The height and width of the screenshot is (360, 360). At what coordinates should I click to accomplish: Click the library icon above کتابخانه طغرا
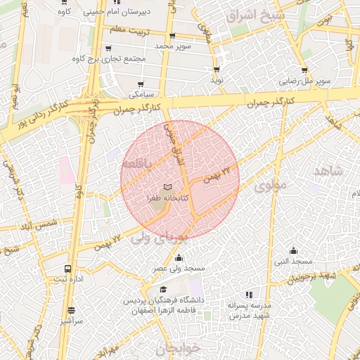[x=167, y=188]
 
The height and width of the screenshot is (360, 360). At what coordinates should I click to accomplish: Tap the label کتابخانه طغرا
[x=167, y=199]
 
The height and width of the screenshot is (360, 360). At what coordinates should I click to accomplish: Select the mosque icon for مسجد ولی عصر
[x=179, y=257]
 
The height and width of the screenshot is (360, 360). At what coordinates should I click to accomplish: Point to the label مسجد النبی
[x=293, y=262]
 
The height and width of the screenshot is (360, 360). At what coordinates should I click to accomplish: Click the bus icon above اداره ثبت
[x=68, y=269]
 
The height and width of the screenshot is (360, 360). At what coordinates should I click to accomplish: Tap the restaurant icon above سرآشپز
[x=71, y=310]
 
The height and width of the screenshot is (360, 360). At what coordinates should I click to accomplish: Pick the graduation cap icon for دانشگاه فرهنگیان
[x=163, y=289]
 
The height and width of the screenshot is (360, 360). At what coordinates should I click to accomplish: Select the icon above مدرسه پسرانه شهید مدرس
[x=247, y=295]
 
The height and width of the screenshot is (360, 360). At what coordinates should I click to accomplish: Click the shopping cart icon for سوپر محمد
[x=172, y=35]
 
